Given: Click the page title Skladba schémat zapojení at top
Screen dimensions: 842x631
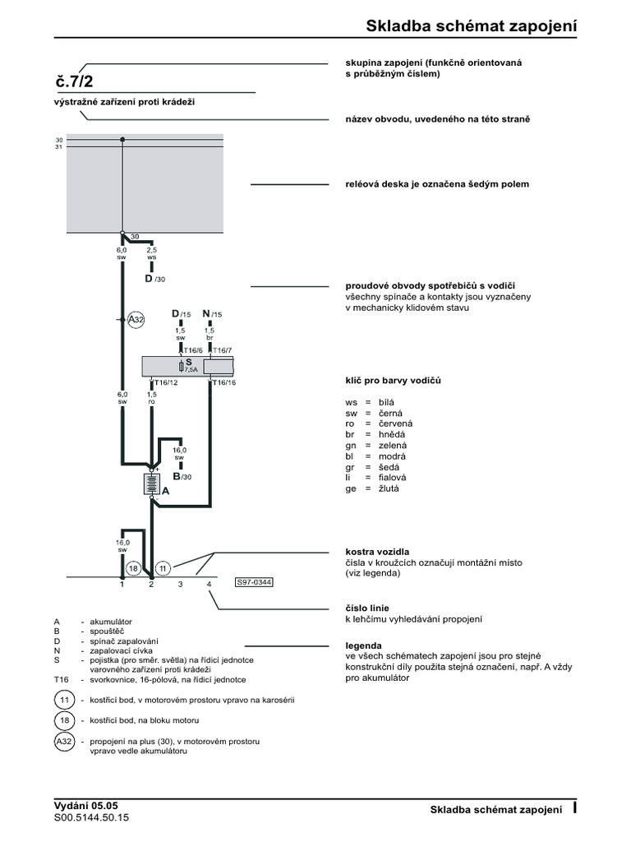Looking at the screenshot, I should coord(471,26).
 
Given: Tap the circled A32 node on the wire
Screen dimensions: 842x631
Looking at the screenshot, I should coord(136,320).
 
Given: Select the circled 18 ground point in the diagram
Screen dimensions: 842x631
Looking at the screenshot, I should coord(134,568).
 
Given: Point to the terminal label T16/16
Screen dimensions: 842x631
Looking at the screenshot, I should coord(224,383).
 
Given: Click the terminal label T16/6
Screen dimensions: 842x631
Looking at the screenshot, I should coord(192,350).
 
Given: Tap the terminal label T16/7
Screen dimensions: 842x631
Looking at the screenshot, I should coord(223,350).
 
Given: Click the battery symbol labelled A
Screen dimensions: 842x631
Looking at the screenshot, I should coord(152,483).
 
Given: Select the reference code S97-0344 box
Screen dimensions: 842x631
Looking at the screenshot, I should coord(254,582).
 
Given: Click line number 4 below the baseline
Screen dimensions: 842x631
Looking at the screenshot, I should coord(210,585).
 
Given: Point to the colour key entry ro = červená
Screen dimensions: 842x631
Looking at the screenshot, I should coord(375,423).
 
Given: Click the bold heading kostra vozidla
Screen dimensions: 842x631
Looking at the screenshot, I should coord(377,552).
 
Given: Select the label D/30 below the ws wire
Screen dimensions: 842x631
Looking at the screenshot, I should coord(154,279).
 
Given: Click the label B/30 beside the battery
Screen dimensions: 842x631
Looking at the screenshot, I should coord(181,476).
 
